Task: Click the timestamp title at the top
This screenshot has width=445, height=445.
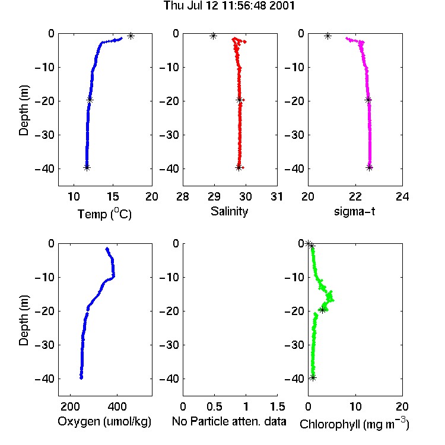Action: [229, 5]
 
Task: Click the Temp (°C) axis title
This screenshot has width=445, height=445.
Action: [104, 214]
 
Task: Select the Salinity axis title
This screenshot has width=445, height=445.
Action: [229, 211]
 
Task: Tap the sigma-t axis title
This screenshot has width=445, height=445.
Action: [354, 211]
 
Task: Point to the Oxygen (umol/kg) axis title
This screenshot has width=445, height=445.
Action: [104, 421]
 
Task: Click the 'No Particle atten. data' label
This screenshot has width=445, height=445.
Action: [229, 421]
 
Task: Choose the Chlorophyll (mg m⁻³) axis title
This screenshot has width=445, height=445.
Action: [354, 423]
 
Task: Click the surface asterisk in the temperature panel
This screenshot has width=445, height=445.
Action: [131, 36]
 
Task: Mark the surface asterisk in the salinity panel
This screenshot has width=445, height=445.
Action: [213, 36]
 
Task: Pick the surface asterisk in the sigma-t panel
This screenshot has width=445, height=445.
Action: [328, 36]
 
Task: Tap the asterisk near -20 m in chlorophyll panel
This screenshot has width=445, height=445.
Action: [322, 310]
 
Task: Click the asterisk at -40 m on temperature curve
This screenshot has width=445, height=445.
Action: [87, 168]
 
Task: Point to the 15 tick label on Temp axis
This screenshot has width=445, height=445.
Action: [113, 196]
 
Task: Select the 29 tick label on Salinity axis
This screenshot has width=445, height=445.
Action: [214, 196]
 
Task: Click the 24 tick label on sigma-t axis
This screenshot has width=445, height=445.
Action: [402, 196]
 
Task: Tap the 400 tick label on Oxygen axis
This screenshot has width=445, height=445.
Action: [117, 406]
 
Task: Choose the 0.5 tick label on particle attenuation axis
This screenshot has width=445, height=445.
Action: [214, 406]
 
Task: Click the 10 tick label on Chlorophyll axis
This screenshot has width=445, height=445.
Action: [355, 406]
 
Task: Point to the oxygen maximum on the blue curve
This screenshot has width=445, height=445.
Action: [113, 275]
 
